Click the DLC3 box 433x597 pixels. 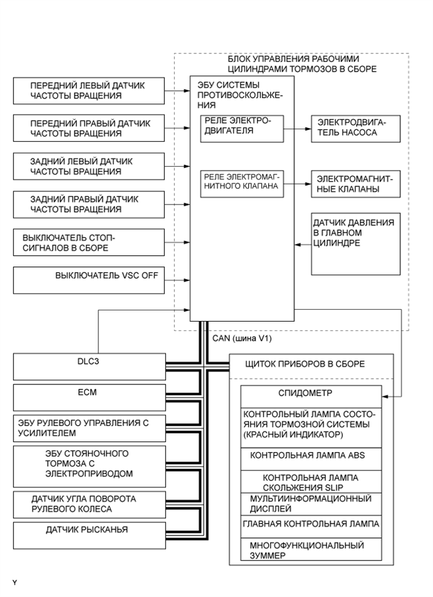[87, 367]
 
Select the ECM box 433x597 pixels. [87, 397]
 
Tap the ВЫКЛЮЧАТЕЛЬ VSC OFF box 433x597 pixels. [87, 280]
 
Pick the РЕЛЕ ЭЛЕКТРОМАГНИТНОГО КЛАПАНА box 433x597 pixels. [242, 184]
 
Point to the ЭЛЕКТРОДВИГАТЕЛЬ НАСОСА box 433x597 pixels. [355, 128]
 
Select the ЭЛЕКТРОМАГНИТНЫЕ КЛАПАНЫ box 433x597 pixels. [355, 185]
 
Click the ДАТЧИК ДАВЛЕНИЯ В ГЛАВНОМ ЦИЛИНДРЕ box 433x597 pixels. [355, 243]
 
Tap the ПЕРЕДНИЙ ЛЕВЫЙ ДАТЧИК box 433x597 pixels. [87, 90]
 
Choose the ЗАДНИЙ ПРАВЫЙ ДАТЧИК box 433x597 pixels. [87, 204]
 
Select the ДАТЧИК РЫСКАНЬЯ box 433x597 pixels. [87, 531]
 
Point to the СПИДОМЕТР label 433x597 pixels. [310, 393]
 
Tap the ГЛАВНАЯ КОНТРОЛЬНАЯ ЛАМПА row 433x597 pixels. [310, 523]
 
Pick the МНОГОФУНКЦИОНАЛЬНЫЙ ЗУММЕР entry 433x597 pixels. [310, 550]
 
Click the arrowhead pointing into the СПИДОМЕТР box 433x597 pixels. [385, 396]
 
